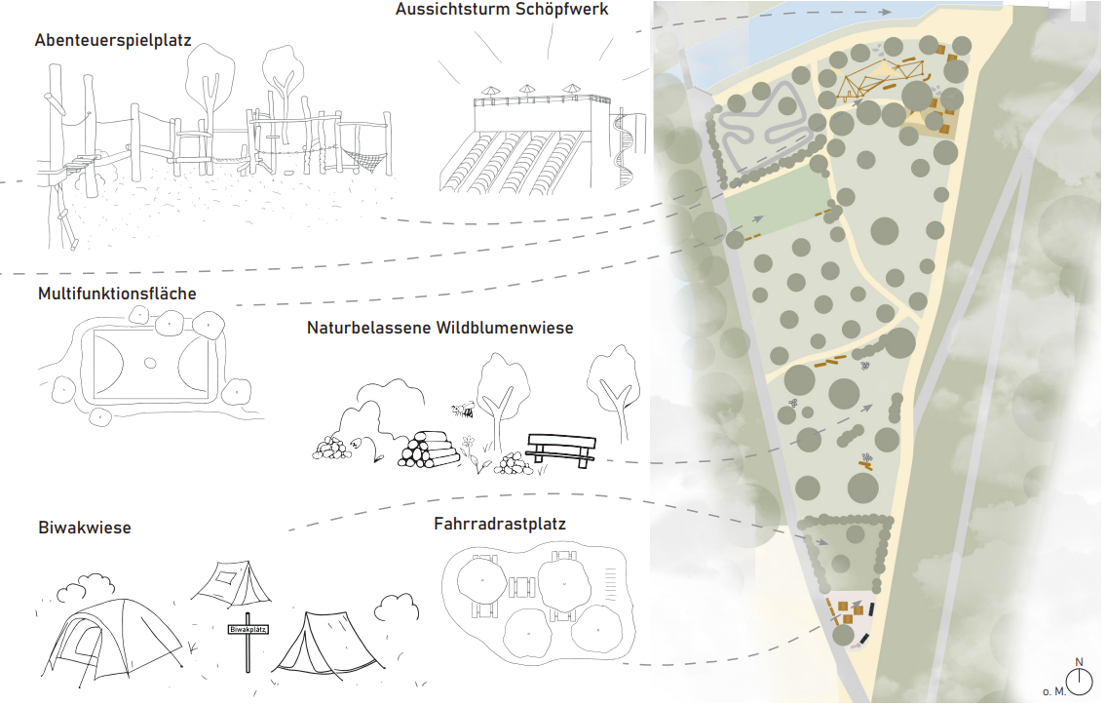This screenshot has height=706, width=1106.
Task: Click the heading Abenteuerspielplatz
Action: tap(113, 40)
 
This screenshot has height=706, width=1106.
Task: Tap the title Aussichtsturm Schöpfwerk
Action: tap(502, 9)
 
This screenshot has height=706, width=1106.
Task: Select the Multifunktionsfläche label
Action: tap(117, 294)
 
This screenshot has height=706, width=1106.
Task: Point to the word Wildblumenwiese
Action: tap(505, 328)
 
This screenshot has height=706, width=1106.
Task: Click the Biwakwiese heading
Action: tap(85, 528)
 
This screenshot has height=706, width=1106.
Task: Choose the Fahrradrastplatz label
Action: tap(499, 524)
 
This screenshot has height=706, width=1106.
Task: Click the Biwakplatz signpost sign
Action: tap(248, 629)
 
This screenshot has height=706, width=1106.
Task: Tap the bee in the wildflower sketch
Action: tap(463, 409)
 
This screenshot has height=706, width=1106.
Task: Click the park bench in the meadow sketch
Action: tap(561, 450)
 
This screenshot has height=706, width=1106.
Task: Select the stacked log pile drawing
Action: tap(426, 450)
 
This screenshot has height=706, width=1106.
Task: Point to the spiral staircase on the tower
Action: tap(624, 148)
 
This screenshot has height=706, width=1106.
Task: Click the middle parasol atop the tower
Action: tap(527, 91)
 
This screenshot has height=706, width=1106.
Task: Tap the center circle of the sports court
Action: tap(149, 364)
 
